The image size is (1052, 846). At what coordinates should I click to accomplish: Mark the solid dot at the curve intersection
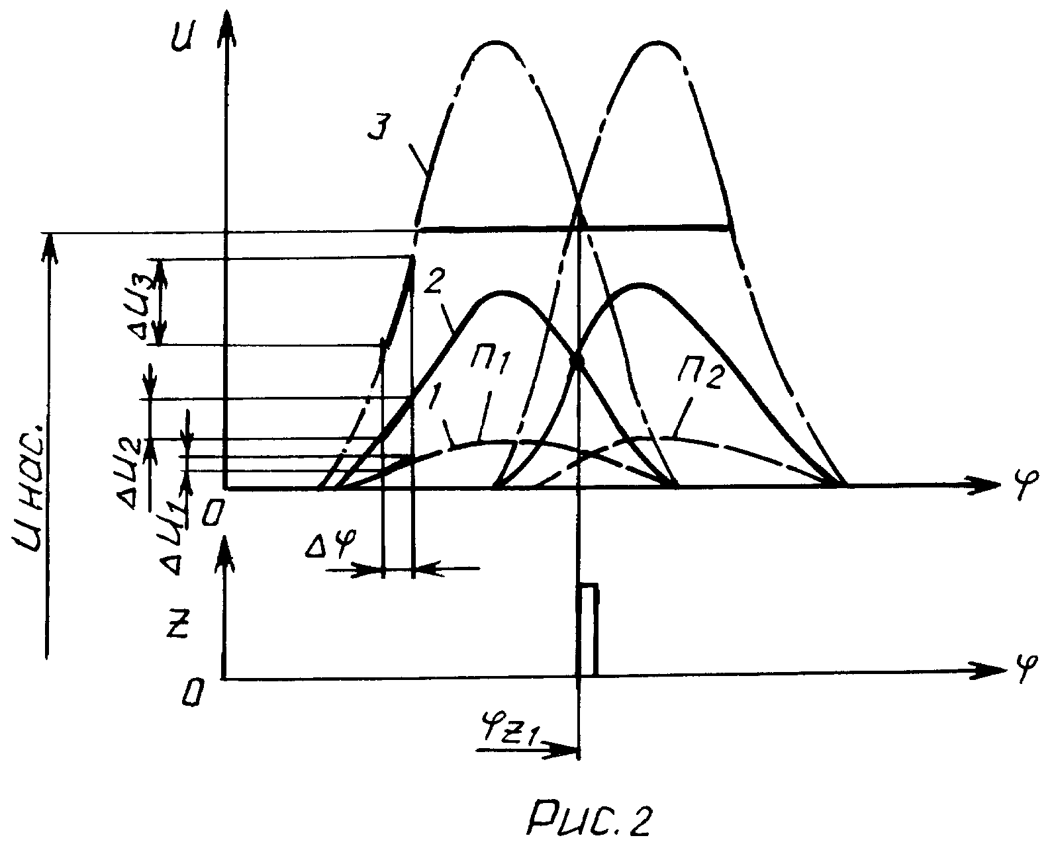pos(577,361)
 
